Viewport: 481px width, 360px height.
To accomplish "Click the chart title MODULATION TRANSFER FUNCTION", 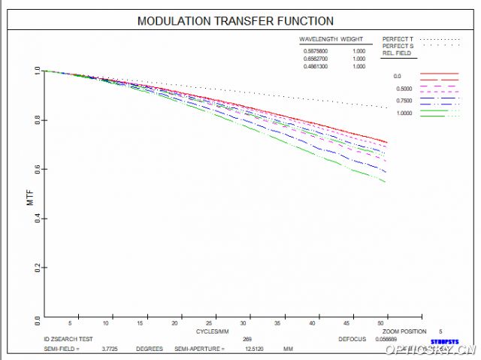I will click(235, 21).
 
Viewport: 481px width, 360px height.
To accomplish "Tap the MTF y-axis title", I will click(30, 198).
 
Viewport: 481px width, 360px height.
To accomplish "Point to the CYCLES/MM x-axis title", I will click(213, 331).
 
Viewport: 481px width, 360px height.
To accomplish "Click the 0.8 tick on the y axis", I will click(36, 120).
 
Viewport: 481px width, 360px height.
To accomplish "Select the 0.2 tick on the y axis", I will click(36, 268).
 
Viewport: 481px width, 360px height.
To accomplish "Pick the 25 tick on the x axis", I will click(215, 323).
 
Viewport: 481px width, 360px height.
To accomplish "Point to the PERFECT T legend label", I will click(398, 38).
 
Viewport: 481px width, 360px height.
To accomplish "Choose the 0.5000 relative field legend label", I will click(403, 89).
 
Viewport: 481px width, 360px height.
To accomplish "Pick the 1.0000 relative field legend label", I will click(403, 113).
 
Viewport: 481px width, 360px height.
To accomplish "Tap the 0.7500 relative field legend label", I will click(403, 101).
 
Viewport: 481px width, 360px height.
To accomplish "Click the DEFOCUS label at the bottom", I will click(352, 339).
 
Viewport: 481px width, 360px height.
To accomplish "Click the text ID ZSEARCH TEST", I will click(68, 339).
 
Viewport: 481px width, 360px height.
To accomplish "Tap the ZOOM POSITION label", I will click(404, 331).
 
